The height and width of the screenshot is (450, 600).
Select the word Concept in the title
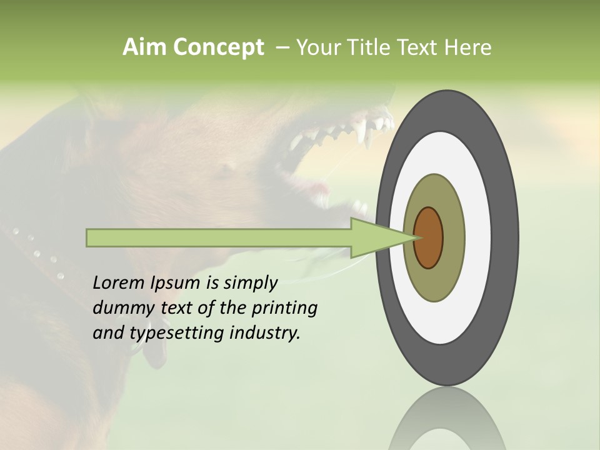tap(217, 47)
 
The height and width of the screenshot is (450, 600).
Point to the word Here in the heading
tap(468, 47)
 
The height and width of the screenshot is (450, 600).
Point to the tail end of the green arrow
tap(91, 237)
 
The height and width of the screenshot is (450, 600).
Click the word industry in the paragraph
tap(265, 333)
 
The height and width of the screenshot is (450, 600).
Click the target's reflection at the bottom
tap(447, 422)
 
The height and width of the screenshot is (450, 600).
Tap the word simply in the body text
tap(250, 283)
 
